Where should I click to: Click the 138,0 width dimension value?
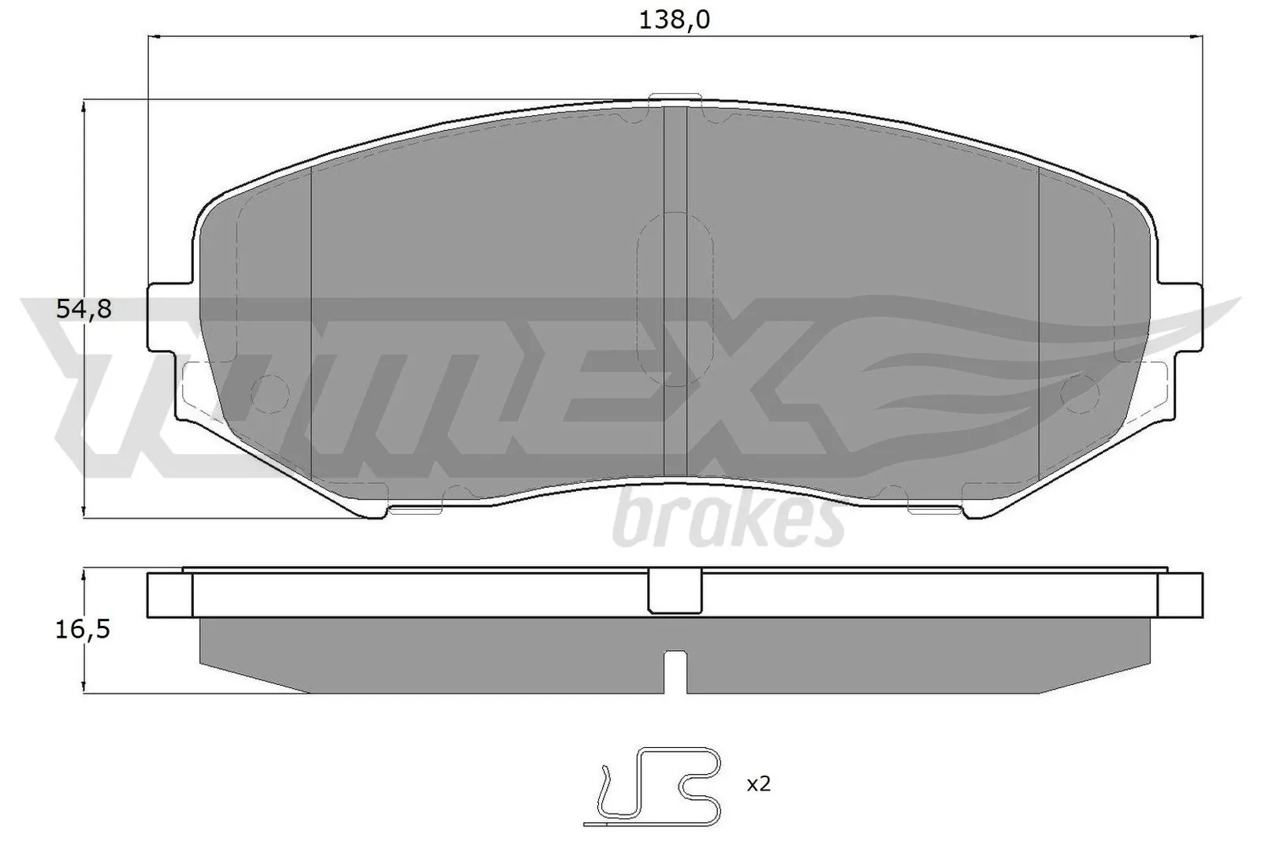click(675, 20)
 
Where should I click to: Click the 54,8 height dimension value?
click(84, 310)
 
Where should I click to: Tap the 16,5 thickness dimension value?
click(84, 630)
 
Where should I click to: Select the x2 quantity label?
click(757, 784)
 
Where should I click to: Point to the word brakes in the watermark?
click(728, 519)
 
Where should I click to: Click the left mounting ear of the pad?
click(167, 318)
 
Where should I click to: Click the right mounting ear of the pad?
click(1185, 318)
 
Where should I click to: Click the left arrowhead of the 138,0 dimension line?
click(154, 36)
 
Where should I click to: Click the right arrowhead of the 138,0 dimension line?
click(1198, 36)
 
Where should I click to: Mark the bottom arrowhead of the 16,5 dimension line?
click(84, 688)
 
